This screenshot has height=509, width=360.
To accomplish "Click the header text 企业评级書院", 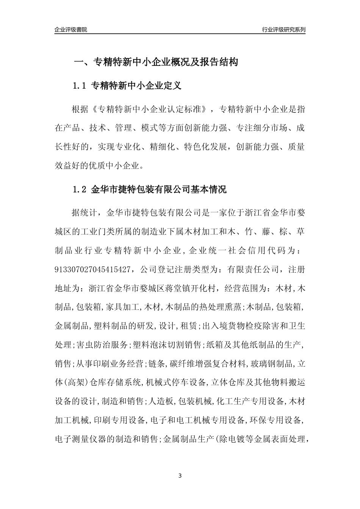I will click(x=71, y=30).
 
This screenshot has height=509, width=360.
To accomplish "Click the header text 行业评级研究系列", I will click(x=283, y=30).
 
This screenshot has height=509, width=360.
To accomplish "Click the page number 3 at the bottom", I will click(x=180, y=476).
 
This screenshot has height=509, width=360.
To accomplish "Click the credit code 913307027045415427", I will click(x=94, y=270).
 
